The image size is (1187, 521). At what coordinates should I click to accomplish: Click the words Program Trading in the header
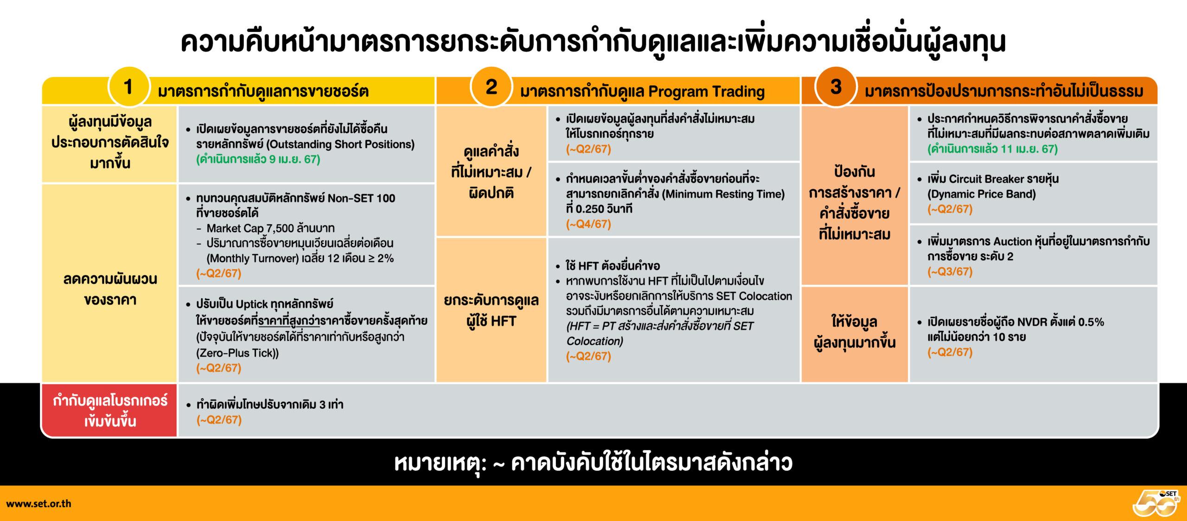point(707,91)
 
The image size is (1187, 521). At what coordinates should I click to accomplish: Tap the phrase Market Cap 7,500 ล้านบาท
point(271,228)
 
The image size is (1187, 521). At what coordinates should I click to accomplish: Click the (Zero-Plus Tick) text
point(237,353)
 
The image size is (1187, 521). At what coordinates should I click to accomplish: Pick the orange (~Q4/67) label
point(588,224)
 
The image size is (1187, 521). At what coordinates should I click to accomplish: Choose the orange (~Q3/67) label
point(950,271)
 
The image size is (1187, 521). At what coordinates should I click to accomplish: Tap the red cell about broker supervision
point(110,411)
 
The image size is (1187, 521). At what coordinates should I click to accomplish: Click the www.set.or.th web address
point(38,503)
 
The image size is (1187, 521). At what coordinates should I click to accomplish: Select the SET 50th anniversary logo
point(1157,503)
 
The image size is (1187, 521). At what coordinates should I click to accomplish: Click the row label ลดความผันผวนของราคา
point(110,289)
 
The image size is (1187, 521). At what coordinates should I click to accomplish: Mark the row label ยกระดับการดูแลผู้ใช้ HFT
point(491,310)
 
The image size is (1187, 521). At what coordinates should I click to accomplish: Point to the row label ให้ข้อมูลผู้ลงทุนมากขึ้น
point(854,332)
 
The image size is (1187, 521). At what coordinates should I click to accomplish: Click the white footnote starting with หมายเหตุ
point(593,463)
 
